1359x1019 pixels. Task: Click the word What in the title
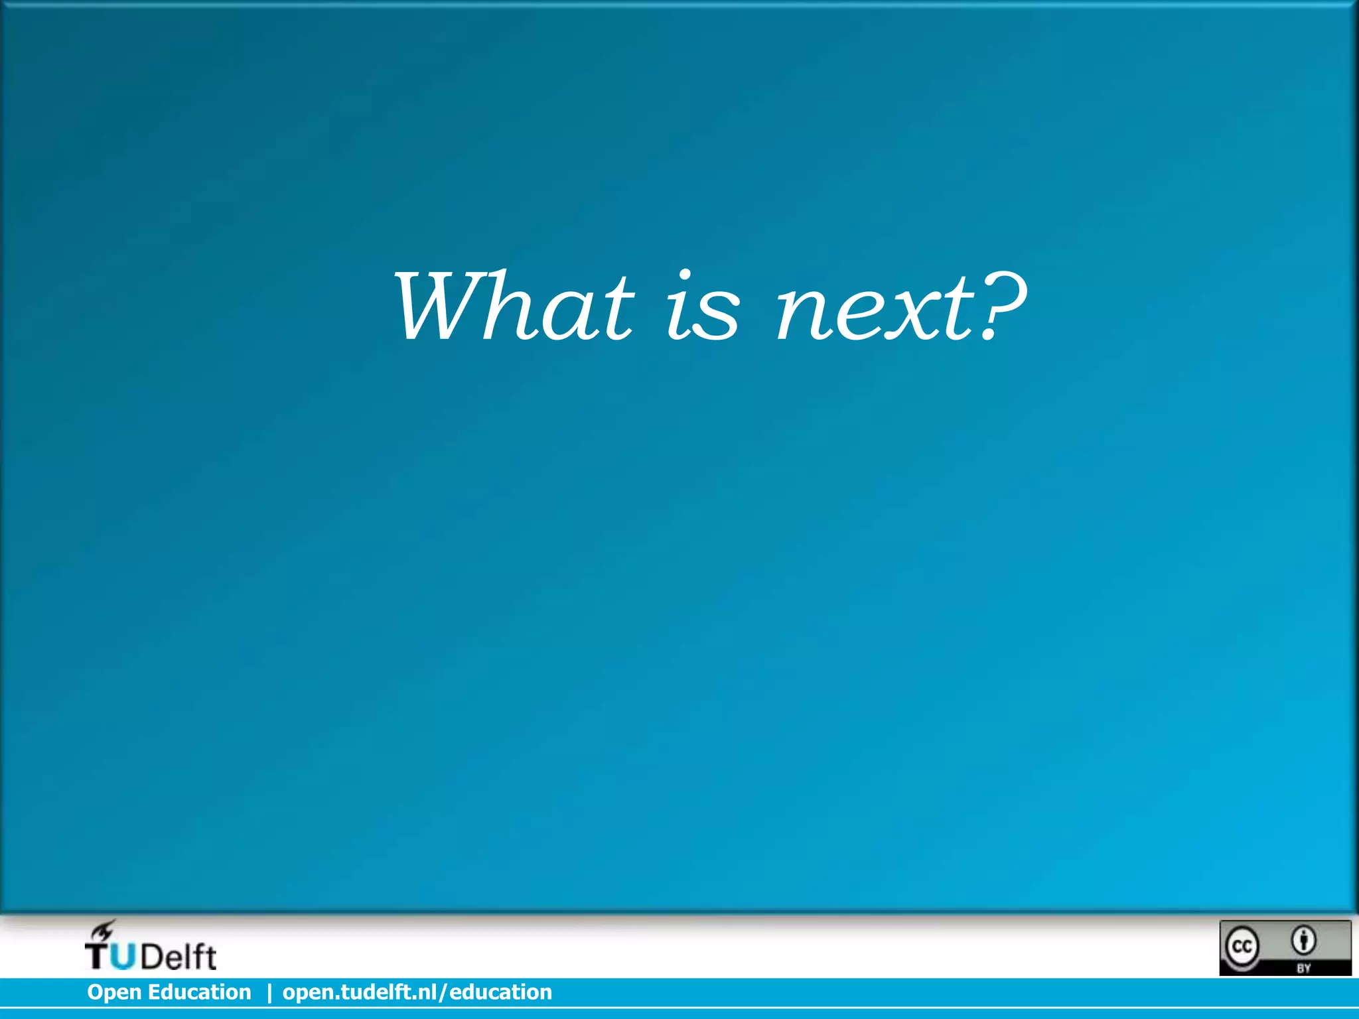tap(514, 306)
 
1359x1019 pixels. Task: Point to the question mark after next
tap(1001, 305)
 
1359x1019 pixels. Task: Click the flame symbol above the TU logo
tap(104, 929)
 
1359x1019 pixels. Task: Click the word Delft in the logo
tap(179, 957)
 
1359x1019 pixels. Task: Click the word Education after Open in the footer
tap(199, 992)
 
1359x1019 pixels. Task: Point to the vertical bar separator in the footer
tap(269, 992)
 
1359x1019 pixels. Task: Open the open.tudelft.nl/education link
tap(417, 992)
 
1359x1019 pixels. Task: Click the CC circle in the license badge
tap(1242, 946)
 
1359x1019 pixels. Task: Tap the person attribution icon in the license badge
tap(1304, 939)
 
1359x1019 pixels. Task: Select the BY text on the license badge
tap(1304, 968)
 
